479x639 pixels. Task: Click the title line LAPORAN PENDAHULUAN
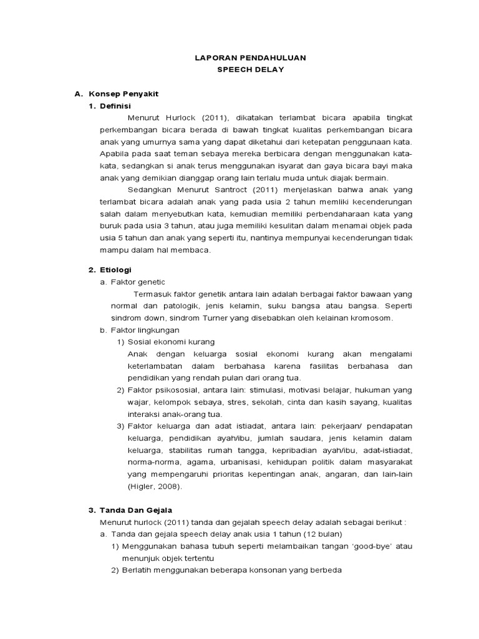coord(250,57)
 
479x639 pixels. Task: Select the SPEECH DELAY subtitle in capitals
coord(250,69)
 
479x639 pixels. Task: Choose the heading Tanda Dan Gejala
coord(137,510)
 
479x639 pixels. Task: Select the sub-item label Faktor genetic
coord(138,282)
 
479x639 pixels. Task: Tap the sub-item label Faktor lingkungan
coord(145,329)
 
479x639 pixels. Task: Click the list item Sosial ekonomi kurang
coord(171,342)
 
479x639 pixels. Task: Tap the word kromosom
coord(370,318)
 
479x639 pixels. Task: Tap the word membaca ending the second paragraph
coord(194,250)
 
